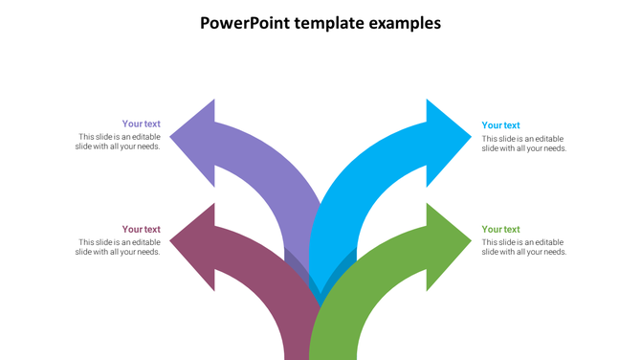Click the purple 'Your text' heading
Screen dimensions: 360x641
tap(141, 124)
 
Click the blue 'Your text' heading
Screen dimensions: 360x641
tap(500, 125)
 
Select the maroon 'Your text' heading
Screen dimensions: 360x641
tap(141, 229)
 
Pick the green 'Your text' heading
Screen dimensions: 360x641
tap(500, 229)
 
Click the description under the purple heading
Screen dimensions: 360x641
tap(119, 142)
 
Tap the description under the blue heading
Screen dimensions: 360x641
tap(524, 144)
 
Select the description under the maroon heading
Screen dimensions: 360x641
tap(119, 247)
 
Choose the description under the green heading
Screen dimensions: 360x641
tap(524, 247)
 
